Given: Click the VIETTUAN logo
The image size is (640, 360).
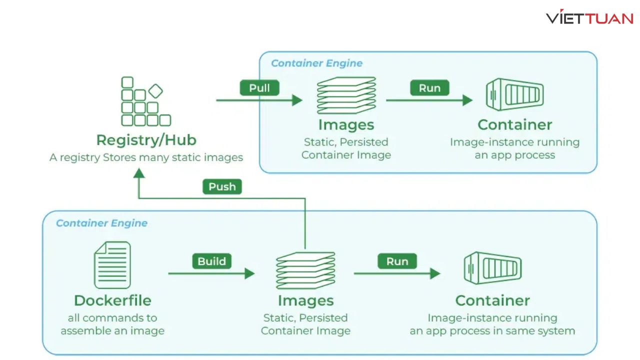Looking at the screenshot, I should (589, 18).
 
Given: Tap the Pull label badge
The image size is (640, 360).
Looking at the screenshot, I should (259, 88).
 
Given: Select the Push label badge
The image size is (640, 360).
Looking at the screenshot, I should (222, 186).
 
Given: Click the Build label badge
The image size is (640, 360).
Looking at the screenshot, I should (211, 261).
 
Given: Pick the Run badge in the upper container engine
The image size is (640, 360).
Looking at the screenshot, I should (429, 88).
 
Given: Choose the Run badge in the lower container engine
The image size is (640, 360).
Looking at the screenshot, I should (397, 261).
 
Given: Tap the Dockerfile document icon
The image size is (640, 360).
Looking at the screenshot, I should (112, 264).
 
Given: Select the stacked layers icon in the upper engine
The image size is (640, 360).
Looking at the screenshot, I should (346, 95).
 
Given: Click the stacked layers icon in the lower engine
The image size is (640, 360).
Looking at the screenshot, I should (305, 270).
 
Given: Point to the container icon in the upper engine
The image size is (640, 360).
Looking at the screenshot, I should (514, 94).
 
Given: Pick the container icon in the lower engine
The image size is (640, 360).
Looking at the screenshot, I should (492, 268).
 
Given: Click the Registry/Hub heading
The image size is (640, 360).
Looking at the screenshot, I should (146, 140).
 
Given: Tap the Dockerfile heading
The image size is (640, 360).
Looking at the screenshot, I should (112, 300).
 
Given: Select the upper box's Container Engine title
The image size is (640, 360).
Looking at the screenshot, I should (316, 63).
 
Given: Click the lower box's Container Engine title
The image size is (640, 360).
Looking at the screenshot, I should (101, 223).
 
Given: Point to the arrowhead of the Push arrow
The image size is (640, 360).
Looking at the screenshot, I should (139, 173).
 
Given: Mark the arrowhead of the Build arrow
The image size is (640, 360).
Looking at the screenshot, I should (249, 273).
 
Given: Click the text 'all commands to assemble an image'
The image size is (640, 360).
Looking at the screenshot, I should (112, 324).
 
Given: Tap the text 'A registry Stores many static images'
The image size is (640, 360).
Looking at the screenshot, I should (146, 157).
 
